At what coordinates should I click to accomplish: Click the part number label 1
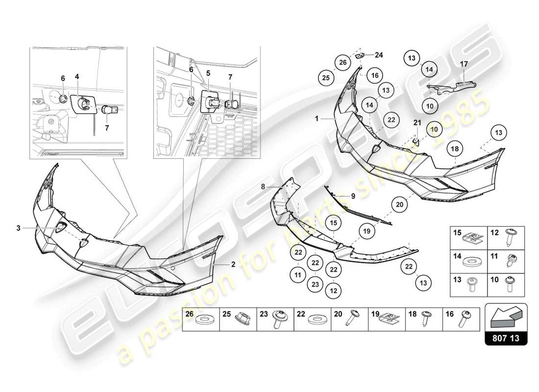coord(317,119)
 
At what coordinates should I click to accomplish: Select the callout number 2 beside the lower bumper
coord(233,264)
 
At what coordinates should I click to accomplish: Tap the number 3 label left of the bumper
coord(18,228)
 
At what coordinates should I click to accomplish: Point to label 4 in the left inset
coord(77,76)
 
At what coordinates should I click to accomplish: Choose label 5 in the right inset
coord(208,73)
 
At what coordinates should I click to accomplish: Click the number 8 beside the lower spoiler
coord(263,186)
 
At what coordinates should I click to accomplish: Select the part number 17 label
coord(464,63)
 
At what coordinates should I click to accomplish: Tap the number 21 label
coord(417,122)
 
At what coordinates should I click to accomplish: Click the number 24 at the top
coord(379,54)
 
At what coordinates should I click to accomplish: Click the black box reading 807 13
coord(506,338)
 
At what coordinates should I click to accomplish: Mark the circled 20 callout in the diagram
coord(400,205)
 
